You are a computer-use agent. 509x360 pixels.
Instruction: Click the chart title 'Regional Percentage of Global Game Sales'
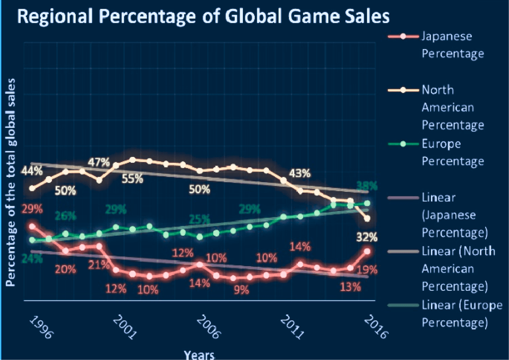(203, 16)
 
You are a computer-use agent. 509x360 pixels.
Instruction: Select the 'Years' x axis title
(199, 354)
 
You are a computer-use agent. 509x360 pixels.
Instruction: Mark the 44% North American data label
(32, 171)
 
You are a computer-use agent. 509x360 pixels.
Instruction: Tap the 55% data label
(132, 179)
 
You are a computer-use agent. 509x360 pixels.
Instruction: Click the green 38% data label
(367, 186)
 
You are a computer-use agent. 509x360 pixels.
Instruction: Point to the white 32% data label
(367, 237)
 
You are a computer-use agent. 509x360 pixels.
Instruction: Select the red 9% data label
(242, 290)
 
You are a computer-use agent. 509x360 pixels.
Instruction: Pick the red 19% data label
(367, 270)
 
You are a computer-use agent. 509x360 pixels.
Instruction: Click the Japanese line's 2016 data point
(367, 251)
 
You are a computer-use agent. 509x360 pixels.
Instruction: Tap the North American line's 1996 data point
(32, 188)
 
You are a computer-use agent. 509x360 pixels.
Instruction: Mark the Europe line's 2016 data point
(367, 203)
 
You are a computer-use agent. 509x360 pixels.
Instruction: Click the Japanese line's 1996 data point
(32, 227)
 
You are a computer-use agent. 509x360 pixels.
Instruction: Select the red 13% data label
(350, 287)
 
